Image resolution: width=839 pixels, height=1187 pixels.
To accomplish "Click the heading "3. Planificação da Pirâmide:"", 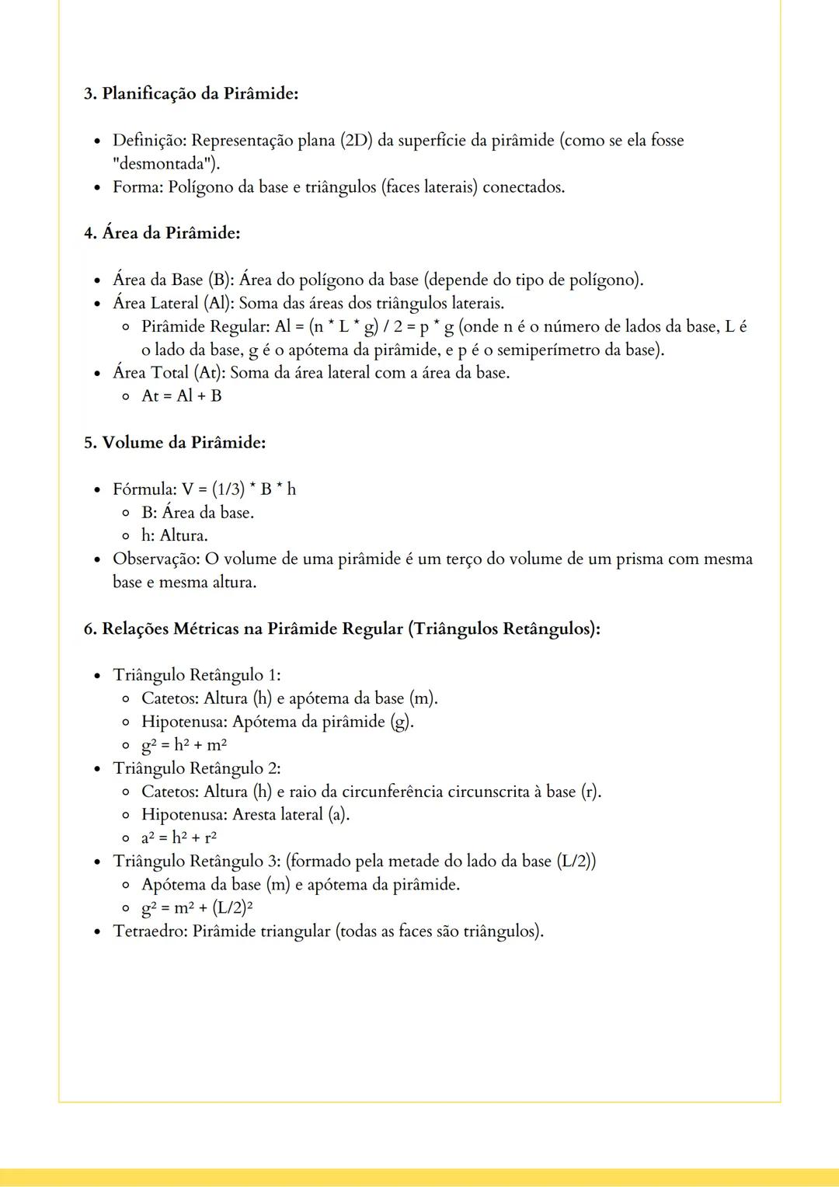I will tap(191, 93).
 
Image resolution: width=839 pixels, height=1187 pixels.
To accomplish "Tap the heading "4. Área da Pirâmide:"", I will tap(162, 233).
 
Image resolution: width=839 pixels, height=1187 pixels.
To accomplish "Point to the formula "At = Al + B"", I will tap(181, 396).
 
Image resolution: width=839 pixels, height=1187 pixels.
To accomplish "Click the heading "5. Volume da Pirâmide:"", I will tap(175, 443).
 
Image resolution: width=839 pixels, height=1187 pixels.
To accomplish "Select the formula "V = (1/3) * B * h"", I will tap(238, 489).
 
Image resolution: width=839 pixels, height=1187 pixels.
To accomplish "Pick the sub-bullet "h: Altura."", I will tap(174, 536).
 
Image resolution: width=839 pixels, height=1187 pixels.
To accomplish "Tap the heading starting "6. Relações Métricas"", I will tap(342, 628).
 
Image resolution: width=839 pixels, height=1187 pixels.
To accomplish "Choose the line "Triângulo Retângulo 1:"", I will tap(197, 675).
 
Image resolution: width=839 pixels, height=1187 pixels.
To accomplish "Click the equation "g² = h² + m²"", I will tap(184, 745).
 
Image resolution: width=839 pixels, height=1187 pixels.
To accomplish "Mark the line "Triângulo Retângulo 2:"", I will tap(197, 768).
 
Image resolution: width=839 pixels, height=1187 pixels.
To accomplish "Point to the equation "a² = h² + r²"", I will tap(179, 838).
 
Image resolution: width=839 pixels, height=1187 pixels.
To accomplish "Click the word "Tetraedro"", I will tap(148, 931).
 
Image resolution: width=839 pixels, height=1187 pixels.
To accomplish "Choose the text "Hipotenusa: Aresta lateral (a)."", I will tap(245, 815).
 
